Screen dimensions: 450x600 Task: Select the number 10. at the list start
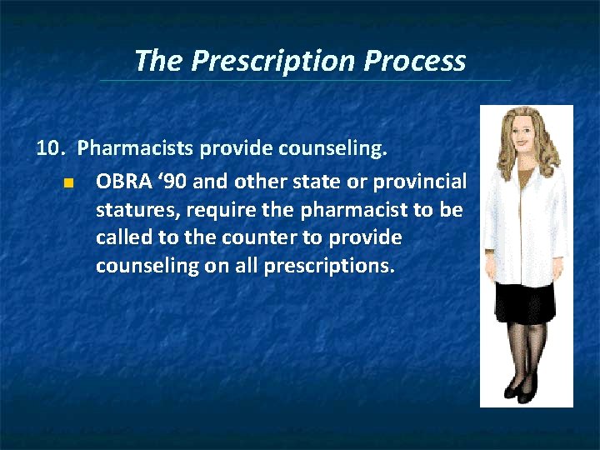[51, 150]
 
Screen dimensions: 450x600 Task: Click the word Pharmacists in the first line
[127, 150]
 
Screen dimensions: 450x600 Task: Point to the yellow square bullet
[68, 182]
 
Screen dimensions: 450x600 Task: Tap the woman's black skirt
[522, 302]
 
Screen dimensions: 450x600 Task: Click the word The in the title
[158, 61]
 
